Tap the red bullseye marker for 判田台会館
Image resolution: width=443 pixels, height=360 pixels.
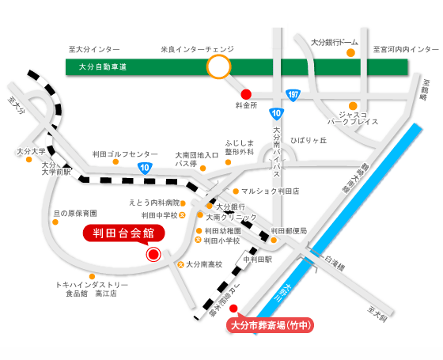(153, 254)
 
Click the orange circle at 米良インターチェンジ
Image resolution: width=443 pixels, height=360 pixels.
(218, 67)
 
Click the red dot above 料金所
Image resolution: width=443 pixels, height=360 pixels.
(245, 93)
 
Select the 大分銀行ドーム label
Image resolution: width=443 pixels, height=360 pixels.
(335, 41)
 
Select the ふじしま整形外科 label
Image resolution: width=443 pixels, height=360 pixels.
(240, 147)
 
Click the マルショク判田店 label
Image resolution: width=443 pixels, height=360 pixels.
(271, 191)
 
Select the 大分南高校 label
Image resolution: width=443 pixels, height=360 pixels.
(204, 264)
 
